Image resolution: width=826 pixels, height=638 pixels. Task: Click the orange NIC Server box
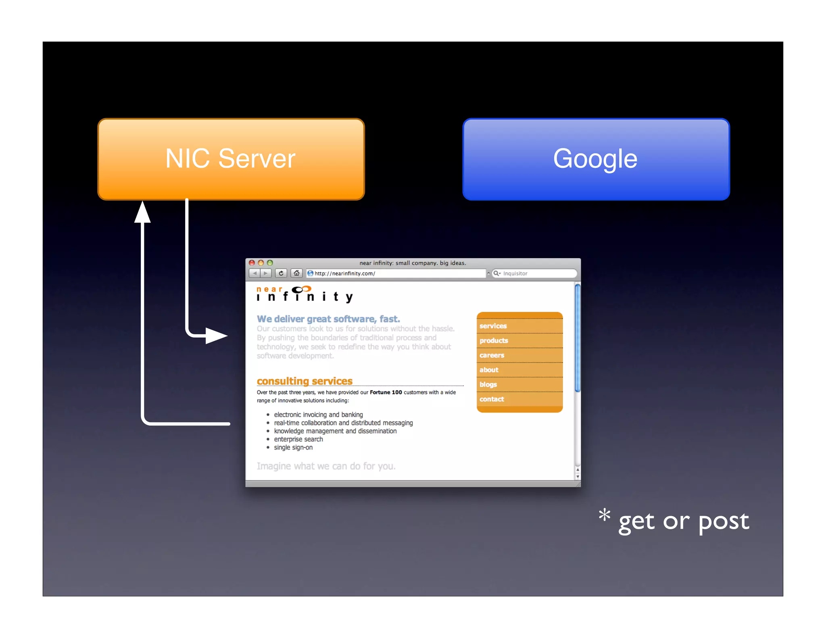pyautogui.click(x=231, y=159)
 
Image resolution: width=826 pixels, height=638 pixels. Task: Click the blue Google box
pyautogui.click(x=596, y=159)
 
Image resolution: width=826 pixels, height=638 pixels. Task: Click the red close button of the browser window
pyautogui.click(x=252, y=263)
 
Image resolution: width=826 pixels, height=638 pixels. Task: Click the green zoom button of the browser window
pyautogui.click(x=270, y=263)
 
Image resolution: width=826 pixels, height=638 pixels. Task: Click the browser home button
pyautogui.click(x=296, y=273)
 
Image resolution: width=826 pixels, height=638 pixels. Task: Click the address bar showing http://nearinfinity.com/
pyautogui.click(x=395, y=273)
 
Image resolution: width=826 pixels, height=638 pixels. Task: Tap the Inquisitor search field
pyautogui.click(x=534, y=273)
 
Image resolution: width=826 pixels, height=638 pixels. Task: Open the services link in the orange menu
pyautogui.click(x=493, y=326)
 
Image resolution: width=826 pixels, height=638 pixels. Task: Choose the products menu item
pyautogui.click(x=494, y=341)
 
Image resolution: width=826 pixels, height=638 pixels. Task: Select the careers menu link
pyautogui.click(x=492, y=355)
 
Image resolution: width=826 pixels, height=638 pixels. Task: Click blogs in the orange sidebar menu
pyautogui.click(x=488, y=385)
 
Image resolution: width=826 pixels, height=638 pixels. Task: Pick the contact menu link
pyautogui.click(x=492, y=399)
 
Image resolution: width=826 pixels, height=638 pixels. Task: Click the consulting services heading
pyautogui.click(x=305, y=381)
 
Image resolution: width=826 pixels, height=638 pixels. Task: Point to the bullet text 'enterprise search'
pyautogui.click(x=298, y=439)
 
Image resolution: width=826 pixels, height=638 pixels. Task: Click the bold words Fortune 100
pyautogui.click(x=386, y=392)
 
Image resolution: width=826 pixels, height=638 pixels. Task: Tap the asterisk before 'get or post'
pyautogui.click(x=604, y=515)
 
